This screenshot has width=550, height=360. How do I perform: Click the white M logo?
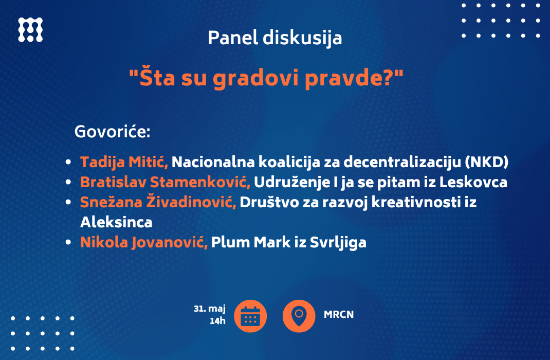[x=30, y=30]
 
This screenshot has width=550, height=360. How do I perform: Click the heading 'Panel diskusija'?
[x=275, y=38]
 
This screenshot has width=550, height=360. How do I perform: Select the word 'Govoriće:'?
[x=113, y=132]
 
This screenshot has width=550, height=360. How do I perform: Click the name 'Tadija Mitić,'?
[x=124, y=162]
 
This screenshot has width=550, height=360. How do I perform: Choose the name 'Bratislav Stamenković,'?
[x=165, y=182]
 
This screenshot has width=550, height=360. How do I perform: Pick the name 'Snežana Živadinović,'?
[x=158, y=202]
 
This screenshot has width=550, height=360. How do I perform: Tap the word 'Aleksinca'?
[x=117, y=222]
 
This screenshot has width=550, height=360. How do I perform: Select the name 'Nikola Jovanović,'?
[x=144, y=242]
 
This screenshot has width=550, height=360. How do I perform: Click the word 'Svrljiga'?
[x=338, y=242]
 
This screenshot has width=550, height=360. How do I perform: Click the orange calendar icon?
[x=250, y=316]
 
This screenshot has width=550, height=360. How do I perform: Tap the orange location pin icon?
[x=299, y=316]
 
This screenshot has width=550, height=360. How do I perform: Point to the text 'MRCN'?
[x=339, y=314]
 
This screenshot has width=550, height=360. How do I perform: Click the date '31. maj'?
[x=210, y=309]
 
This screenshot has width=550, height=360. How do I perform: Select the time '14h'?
[x=217, y=321]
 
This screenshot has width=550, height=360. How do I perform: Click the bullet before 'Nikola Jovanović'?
[x=68, y=242]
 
